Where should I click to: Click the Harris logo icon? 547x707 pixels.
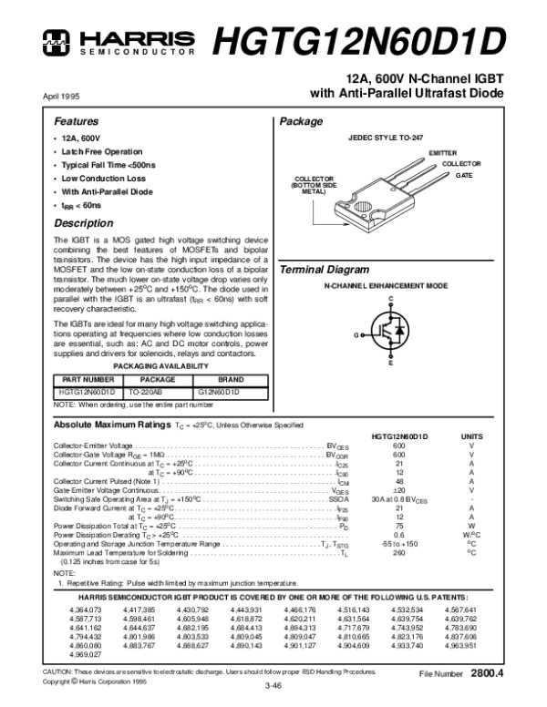click(x=56, y=38)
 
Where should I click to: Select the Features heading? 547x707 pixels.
click(x=76, y=121)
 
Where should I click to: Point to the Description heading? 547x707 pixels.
click(x=83, y=223)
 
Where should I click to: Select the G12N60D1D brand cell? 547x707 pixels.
click(x=218, y=392)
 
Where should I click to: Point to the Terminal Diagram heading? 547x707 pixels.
click(x=324, y=271)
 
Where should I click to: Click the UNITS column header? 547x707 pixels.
click(x=471, y=437)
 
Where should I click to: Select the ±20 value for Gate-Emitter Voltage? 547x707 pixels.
click(x=398, y=489)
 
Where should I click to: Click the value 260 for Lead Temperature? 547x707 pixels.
click(x=398, y=552)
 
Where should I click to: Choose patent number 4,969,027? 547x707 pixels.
click(x=87, y=655)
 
